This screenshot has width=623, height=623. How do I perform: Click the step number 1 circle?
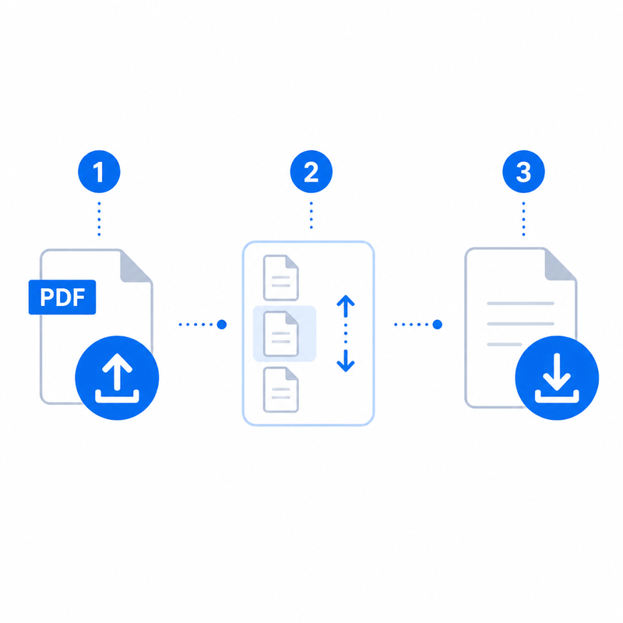[x=99, y=171]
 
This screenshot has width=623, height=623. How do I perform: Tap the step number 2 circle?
[x=311, y=171]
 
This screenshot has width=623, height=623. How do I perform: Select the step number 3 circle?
[x=523, y=171]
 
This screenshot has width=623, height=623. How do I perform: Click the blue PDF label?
[x=62, y=297]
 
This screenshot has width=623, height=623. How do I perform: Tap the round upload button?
[x=117, y=378]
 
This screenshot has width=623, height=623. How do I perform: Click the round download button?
[x=557, y=378]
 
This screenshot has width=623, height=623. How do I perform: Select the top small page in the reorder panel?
[x=281, y=278]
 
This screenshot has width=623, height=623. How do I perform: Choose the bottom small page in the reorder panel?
[x=281, y=390]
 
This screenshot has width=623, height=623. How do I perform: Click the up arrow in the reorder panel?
[x=346, y=306]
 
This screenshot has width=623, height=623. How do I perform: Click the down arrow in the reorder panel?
[x=346, y=361]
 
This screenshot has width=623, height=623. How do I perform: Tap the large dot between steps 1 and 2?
[x=222, y=325]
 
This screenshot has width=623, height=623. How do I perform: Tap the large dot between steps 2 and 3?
[x=437, y=325]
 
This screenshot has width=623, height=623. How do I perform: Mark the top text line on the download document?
[x=520, y=304]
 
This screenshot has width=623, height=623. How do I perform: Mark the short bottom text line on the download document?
[x=505, y=344]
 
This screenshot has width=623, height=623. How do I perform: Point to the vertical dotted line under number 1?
[x=99, y=219]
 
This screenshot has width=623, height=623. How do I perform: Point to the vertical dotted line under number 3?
[x=523, y=219]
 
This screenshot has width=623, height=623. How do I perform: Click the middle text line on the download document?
[x=520, y=324]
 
